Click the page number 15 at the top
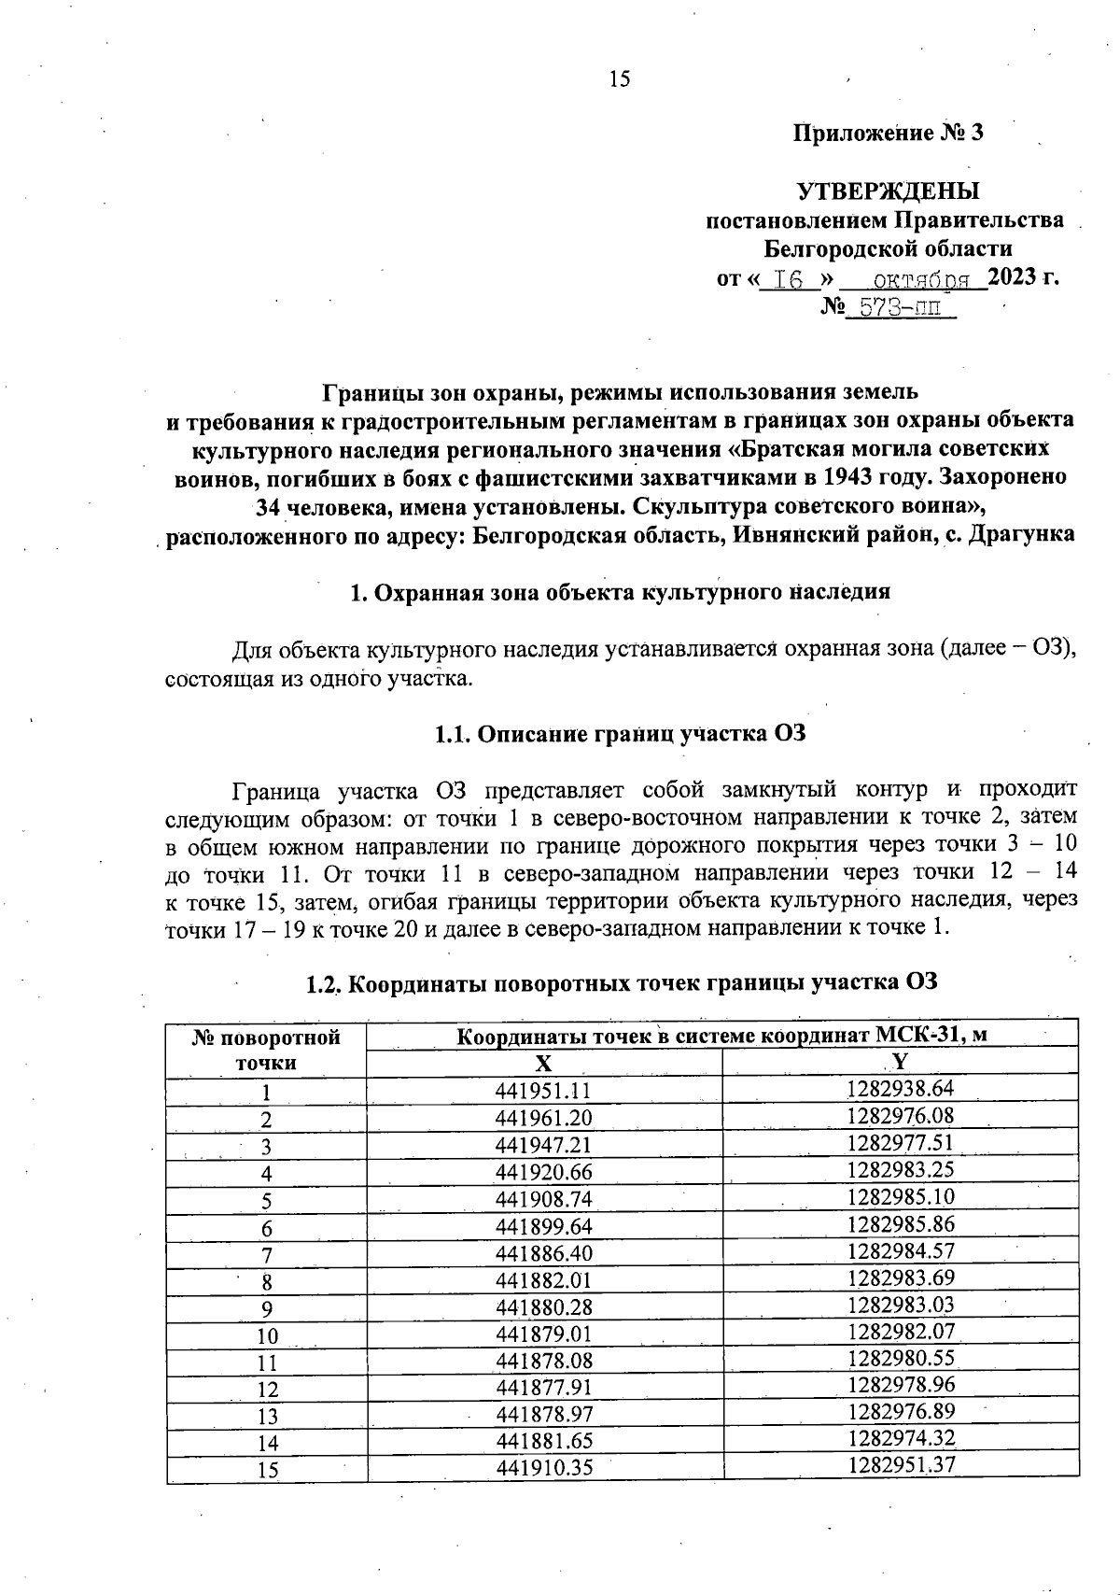[620, 79]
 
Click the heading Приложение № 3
[888, 133]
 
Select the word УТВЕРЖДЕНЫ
[888, 191]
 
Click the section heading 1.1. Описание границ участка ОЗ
[620, 733]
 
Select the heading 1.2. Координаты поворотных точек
[621, 983]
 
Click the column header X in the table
[544, 1064]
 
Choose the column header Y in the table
[900, 1062]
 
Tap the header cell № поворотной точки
[267, 1050]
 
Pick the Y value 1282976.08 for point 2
[901, 1116]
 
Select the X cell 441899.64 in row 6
[544, 1226]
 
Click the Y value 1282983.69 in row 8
[901, 1277]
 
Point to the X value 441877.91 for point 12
[544, 1388]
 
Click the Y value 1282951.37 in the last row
[901, 1465]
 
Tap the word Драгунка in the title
[1023, 535]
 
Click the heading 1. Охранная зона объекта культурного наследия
[620, 592]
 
